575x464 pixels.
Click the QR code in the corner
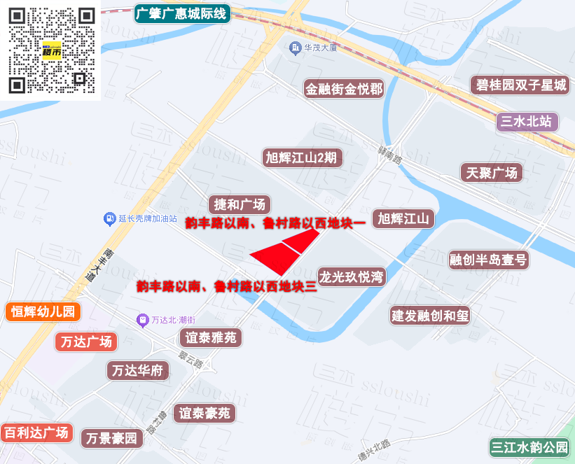(51, 50)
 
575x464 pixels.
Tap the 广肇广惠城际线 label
(182, 13)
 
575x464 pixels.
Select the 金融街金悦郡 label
(344, 89)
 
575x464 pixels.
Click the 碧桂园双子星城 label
(521, 85)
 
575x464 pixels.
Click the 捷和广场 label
(240, 204)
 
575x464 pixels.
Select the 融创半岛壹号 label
(489, 260)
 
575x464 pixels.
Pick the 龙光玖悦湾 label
(352, 276)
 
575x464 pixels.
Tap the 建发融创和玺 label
(430, 315)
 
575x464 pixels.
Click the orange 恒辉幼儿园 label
(43, 311)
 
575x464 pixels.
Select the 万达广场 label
(86, 342)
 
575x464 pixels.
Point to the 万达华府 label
(138, 370)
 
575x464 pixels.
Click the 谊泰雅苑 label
(212, 337)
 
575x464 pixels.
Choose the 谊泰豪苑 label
(205, 413)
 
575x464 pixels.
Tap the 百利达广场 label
(36, 432)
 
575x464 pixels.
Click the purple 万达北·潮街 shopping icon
(142, 320)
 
